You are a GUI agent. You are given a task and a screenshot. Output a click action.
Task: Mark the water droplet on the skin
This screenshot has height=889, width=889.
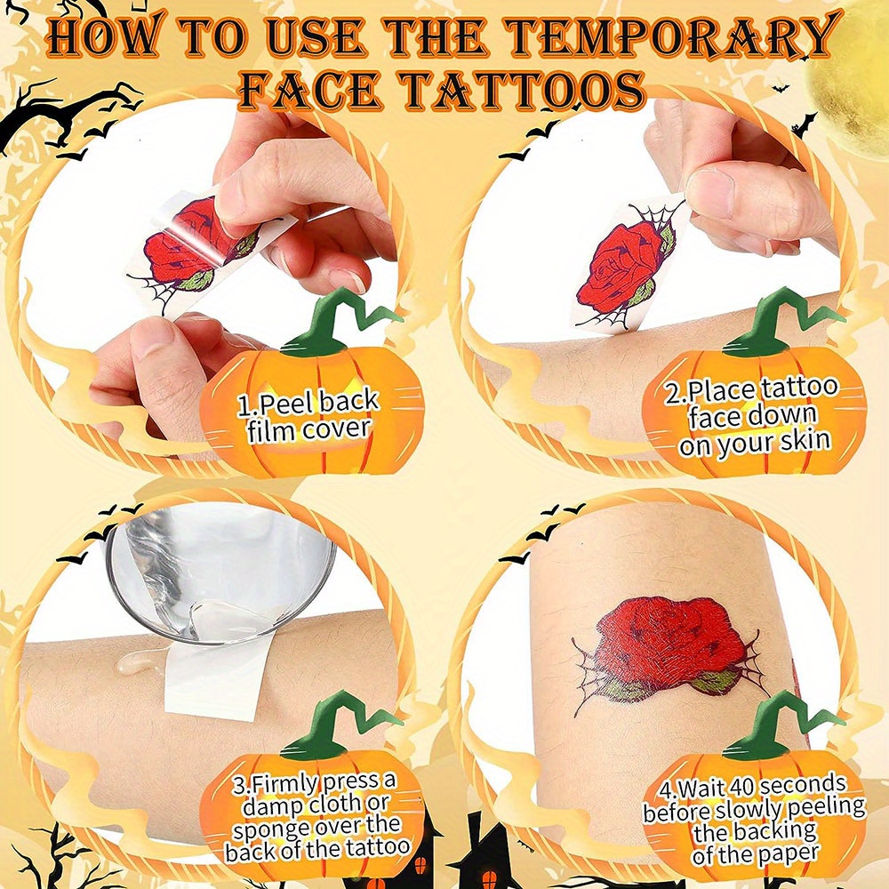point(134,661)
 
